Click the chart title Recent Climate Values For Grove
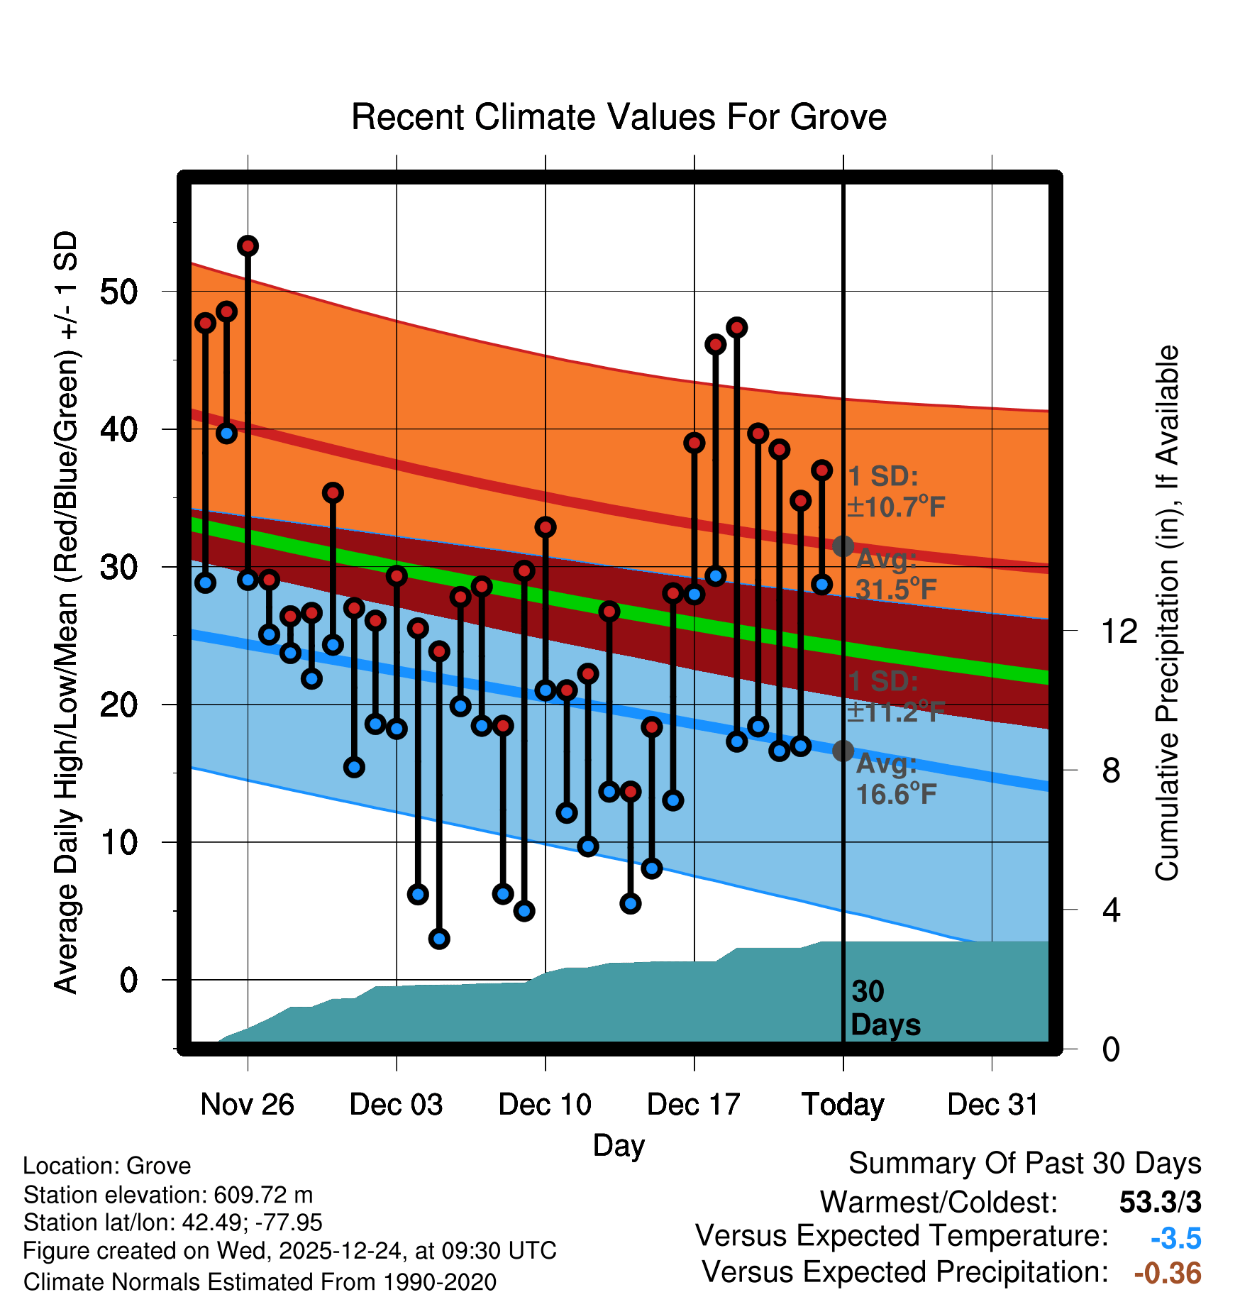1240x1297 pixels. point(619,117)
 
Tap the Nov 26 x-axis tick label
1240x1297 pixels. point(247,1105)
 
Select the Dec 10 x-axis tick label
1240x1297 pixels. point(545,1105)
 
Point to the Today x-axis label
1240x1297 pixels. point(843,1105)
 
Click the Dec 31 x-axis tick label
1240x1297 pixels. point(992,1105)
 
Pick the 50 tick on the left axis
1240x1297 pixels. point(118,292)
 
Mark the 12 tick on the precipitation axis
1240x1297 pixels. point(1119,631)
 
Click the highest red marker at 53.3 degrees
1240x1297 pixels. point(248,246)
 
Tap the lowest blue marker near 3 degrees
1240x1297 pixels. point(439,939)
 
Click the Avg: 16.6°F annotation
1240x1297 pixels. point(895,779)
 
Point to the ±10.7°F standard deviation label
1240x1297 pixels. point(895,507)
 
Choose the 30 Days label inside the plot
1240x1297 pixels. point(885,1008)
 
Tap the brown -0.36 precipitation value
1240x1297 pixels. point(1168,1273)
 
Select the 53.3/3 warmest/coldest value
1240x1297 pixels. point(1160,1202)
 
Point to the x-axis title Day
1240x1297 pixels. point(619,1145)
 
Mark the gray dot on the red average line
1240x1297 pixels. point(843,546)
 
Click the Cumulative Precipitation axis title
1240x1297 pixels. point(1167,614)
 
